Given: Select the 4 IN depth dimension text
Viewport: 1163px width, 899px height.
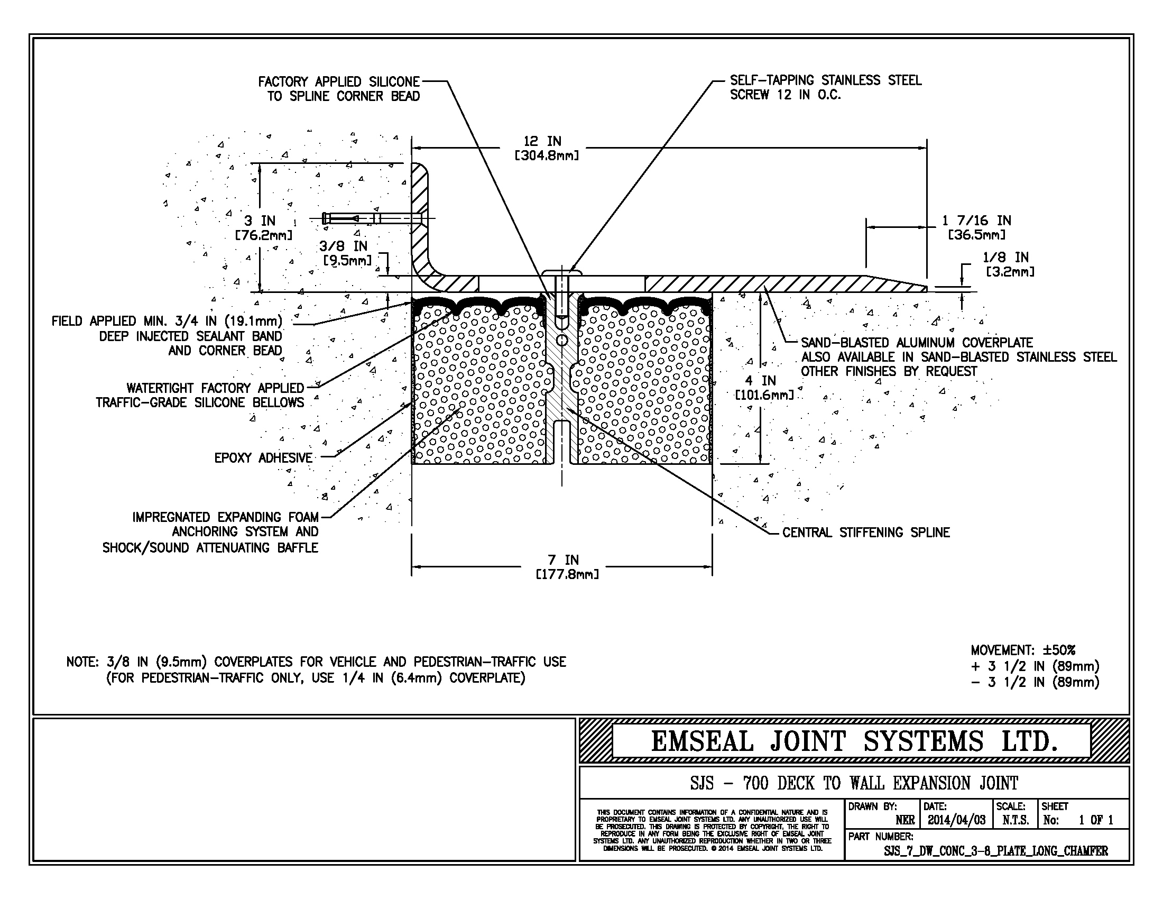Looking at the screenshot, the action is (764, 388).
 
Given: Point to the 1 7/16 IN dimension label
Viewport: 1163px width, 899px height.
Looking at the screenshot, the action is (976, 227).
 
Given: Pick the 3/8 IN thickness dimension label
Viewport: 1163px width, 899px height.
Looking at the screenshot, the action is (347, 253).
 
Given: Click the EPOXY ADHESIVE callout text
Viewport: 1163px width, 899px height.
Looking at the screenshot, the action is (263, 458).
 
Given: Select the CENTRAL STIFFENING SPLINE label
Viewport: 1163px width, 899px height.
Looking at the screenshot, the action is (866, 533).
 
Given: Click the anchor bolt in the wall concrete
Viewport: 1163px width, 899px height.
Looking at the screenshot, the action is (373, 218).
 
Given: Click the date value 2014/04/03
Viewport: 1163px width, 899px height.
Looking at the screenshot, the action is (956, 820).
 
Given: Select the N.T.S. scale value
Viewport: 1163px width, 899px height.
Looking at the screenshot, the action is (1016, 820).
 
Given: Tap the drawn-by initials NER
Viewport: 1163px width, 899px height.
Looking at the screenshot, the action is (905, 820).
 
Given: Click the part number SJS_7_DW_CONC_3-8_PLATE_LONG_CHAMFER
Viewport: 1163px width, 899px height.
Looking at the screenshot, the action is (996, 851).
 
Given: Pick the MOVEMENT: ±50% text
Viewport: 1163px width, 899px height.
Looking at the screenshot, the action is (1023, 650).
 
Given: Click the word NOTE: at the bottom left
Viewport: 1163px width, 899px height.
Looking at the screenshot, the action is (82, 662).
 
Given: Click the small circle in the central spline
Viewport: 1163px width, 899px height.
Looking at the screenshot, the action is (561, 340).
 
